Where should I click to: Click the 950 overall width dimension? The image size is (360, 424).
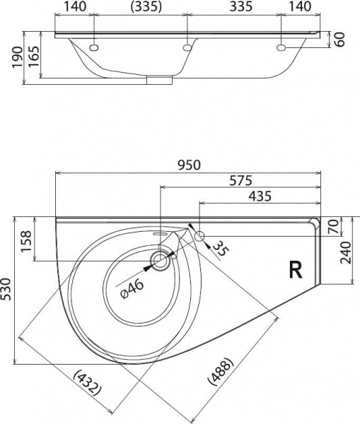(x=190, y=165)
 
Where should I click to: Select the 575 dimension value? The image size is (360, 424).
(x=240, y=180)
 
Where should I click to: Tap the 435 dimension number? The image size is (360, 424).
(x=260, y=196)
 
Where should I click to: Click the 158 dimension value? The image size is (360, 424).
(x=27, y=241)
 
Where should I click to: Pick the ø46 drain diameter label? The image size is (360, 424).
(x=132, y=289)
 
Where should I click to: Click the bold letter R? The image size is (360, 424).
(x=296, y=270)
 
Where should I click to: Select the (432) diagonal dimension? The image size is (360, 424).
(x=88, y=383)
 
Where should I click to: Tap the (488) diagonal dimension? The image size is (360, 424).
(x=221, y=371)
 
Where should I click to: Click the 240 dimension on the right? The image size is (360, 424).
(x=346, y=253)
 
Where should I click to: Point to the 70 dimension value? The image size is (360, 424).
(x=333, y=227)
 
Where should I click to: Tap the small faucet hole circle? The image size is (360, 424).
(x=199, y=236)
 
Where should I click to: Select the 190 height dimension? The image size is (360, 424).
(x=17, y=57)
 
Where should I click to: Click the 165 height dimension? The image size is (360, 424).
(x=34, y=57)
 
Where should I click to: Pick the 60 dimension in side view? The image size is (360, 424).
(x=340, y=40)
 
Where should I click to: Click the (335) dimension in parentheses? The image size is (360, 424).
(x=146, y=7)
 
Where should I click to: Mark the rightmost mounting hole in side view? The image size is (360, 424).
(x=281, y=48)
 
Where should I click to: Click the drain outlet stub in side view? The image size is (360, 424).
(x=160, y=81)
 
